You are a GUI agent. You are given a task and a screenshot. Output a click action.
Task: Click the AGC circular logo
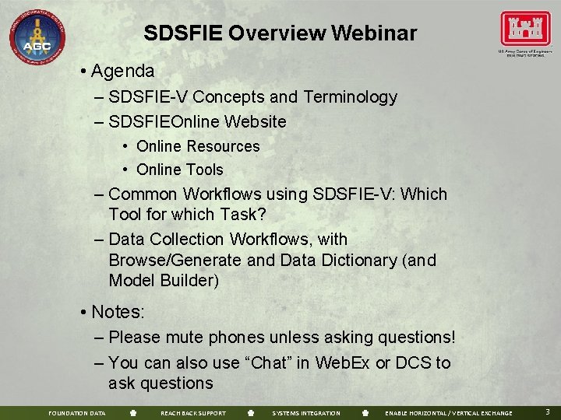(x=37, y=37)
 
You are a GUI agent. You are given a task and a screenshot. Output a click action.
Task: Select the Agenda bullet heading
(x=122, y=72)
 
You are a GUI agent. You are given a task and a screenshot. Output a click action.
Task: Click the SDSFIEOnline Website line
(x=197, y=122)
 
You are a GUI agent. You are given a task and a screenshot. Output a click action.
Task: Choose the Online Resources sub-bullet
(x=198, y=146)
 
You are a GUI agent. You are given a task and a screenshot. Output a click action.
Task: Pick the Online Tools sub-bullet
(x=179, y=170)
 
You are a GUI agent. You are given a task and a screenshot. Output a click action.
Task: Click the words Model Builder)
(x=164, y=280)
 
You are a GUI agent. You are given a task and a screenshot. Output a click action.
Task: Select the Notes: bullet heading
(x=118, y=312)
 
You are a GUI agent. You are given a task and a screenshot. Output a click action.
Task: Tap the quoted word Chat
(x=270, y=363)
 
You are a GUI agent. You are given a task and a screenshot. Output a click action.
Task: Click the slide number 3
(x=547, y=412)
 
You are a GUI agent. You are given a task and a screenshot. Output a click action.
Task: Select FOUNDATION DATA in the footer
(x=77, y=413)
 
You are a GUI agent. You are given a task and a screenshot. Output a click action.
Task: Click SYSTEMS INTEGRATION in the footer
(x=306, y=413)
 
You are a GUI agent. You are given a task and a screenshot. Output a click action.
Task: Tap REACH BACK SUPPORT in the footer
(x=192, y=413)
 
